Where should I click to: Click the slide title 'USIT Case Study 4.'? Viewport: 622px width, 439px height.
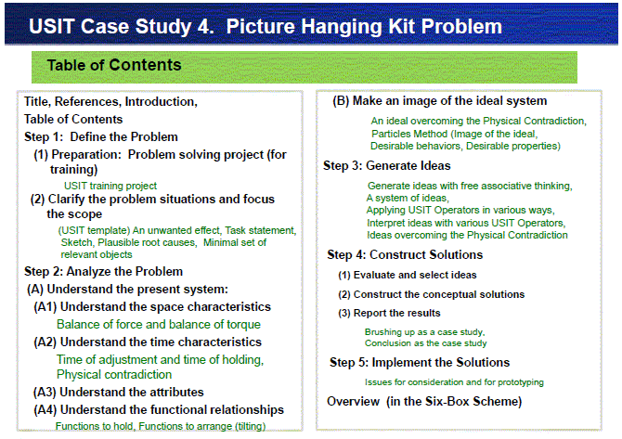[x=122, y=27]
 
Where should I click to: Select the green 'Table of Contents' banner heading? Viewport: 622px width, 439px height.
[x=114, y=65]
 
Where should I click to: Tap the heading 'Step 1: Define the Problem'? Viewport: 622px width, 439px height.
[x=101, y=136]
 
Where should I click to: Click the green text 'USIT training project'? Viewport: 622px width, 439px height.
[x=110, y=186]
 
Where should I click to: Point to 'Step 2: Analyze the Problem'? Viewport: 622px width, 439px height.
[x=103, y=272]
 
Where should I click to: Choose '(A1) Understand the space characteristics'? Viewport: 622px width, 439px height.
[x=152, y=307]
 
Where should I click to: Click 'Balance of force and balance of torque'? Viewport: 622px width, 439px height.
[x=159, y=325]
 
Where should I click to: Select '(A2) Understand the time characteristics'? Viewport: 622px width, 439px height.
[x=148, y=342]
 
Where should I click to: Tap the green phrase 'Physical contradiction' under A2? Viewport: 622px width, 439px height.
[x=114, y=374]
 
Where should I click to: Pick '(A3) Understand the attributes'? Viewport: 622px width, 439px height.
[x=118, y=393]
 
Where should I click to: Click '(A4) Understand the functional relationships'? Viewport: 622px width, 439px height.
[x=159, y=409]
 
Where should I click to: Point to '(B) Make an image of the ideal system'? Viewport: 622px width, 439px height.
[x=439, y=101]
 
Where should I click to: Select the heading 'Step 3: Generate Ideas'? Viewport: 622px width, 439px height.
[x=387, y=165]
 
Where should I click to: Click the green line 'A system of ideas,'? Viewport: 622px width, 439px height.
[x=408, y=198]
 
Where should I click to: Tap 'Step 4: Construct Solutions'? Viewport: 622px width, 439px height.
[x=405, y=254]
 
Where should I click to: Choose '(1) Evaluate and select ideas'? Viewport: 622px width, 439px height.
[x=407, y=275]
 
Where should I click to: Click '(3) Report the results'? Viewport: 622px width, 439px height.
[x=389, y=314]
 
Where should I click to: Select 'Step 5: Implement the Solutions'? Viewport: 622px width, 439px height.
[x=420, y=363]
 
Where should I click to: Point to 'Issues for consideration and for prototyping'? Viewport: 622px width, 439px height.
[x=454, y=382]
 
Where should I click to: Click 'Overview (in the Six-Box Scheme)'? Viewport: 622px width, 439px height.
[x=424, y=401]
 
